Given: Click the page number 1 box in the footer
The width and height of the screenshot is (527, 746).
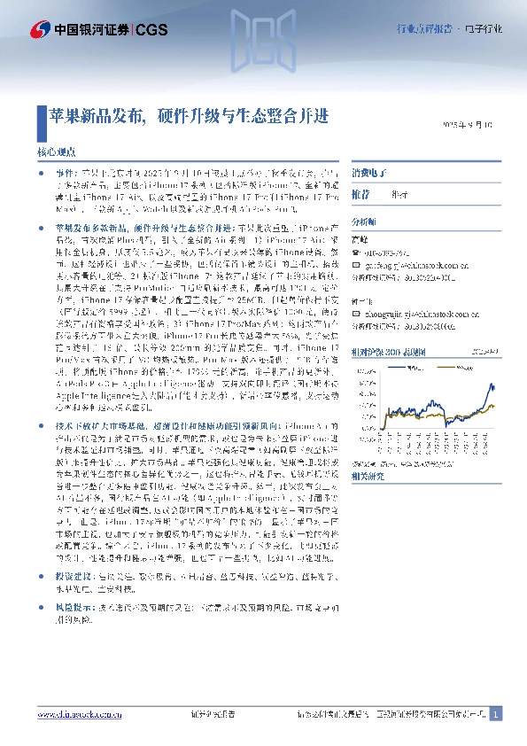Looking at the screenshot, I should point(496,713).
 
